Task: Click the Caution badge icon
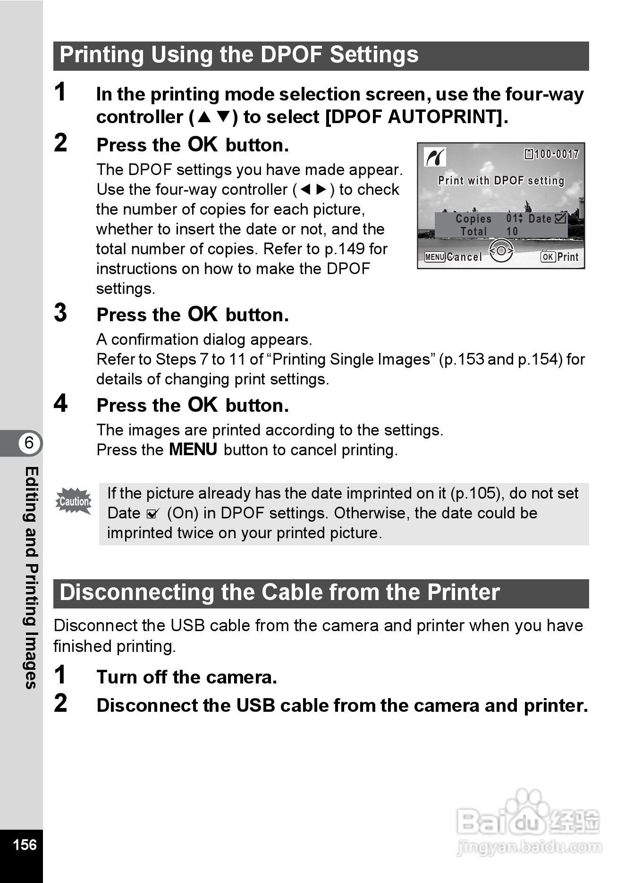pos(74,501)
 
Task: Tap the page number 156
pos(25,844)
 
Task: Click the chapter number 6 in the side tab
pos(29,443)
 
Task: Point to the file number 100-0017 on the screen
pos(557,154)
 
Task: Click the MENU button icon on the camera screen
pos(434,257)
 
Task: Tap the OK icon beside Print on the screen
pos(548,257)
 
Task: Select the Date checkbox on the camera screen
pos(561,218)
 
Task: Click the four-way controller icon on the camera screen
pos(501,250)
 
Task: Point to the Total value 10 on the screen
pos(512,232)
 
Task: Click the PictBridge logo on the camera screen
pos(435,157)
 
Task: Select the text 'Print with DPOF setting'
pos(501,181)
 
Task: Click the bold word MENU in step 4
pos(193,450)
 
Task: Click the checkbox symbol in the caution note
pos(152,514)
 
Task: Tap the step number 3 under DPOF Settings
pos(61,313)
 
